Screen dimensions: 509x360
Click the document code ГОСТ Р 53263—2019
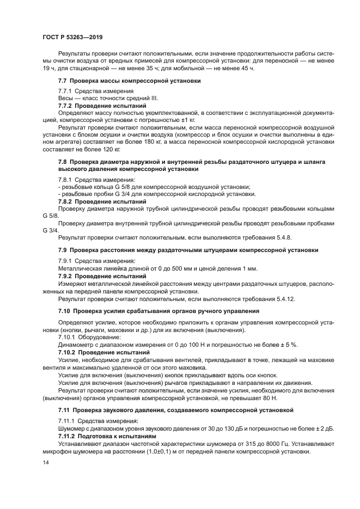[x=72, y=36]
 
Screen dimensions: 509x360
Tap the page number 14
[x=46, y=462]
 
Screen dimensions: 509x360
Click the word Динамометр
[x=77, y=345]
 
